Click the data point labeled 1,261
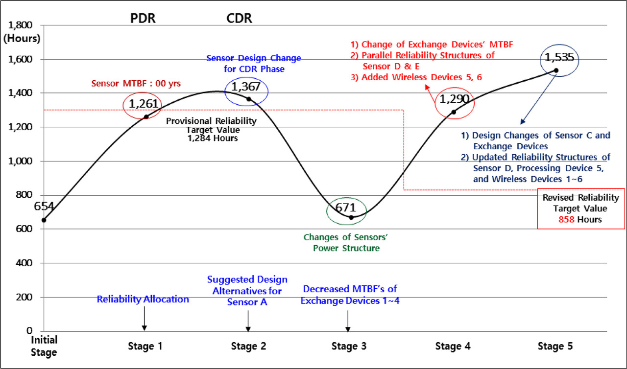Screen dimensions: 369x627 coord(146,116)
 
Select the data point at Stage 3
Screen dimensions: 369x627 coord(351,217)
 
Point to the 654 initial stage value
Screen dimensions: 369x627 coord(44,207)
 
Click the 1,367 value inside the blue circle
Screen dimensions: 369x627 coord(246,88)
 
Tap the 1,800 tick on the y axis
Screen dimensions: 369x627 coord(19,25)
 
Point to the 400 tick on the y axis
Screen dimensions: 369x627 coord(23,263)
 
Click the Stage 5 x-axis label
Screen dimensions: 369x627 coord(555,346)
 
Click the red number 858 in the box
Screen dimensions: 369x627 coord(567,220)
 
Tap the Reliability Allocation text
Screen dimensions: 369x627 coord(143,299)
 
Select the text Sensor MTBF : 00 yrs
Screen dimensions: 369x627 coord(137,84)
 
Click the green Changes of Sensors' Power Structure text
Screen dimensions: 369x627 coord(341,243)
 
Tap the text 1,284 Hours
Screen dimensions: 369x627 coord(212,138)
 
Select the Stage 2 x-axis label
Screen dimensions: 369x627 coord(248,346)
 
